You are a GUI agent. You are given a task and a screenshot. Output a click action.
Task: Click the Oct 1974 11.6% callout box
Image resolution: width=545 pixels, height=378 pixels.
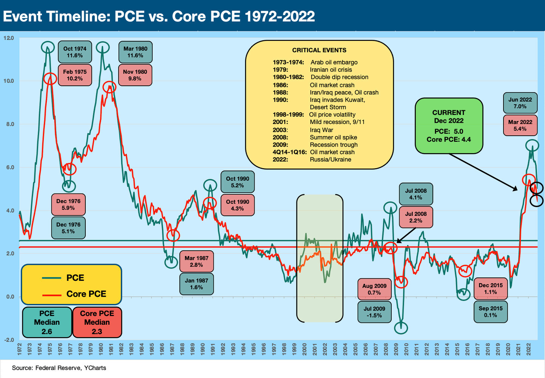[x=75, y=52]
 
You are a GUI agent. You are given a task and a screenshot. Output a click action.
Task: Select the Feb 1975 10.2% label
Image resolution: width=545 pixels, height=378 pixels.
[x=75, y=75]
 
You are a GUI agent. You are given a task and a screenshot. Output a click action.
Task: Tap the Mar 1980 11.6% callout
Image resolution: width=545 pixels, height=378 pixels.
[x=135, y=52]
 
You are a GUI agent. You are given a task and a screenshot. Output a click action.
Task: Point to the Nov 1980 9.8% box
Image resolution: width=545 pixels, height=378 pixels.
[x=135, y=75]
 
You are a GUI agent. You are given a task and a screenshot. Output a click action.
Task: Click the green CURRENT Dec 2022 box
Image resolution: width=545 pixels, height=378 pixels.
[x=449, y=126]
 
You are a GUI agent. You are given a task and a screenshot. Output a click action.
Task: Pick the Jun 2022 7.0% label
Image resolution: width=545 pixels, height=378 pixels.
[x=520, y=103]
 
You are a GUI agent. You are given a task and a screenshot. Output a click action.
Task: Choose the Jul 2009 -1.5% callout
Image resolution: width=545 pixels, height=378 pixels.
[x=374, y=312]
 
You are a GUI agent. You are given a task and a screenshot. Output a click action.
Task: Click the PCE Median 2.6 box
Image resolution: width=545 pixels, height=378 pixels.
[x=47, y=322]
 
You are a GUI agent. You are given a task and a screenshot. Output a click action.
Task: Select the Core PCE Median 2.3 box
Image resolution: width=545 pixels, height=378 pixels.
[x=97, y=322]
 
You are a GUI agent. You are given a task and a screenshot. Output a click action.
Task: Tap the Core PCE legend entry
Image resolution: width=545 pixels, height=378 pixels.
[x=86, y=294]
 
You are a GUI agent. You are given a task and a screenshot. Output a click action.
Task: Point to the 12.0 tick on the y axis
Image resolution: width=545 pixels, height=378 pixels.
[x=8, y=38]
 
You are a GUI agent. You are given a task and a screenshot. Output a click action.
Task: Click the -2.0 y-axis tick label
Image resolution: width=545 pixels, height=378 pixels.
[x=8, y=340]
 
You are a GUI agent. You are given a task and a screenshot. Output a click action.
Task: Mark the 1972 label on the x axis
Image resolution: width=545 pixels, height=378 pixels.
[x=19, y=349]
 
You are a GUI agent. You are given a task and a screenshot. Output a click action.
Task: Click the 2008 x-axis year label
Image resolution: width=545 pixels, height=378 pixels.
[x=386, y=349]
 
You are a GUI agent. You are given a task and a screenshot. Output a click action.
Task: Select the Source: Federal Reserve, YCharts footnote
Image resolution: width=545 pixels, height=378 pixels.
[x=59, y=368]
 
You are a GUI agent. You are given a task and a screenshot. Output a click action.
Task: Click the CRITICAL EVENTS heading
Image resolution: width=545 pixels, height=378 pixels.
[x=319, y=50]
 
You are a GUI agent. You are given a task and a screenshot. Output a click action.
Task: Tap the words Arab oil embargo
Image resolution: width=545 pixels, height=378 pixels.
[x=334, y=62]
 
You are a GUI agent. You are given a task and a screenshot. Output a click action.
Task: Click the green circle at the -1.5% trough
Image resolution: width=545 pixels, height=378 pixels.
[x=401, y=327]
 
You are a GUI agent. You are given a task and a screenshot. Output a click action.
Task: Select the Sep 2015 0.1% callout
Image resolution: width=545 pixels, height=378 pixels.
[x=491, y=312]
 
